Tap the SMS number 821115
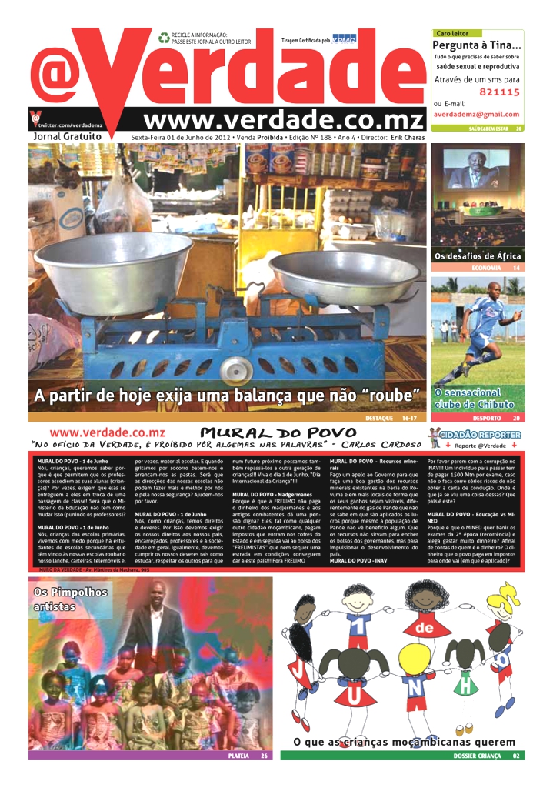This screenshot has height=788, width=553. [x=499, y=92]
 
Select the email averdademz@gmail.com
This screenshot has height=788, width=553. [x=476, y=114]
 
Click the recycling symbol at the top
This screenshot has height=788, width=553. [x=163, y=37]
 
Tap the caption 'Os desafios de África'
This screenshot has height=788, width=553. [x=478, y=255]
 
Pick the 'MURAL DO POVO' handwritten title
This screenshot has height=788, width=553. [x=278, y=433]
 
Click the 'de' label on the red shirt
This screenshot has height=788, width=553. [x=426, y=629]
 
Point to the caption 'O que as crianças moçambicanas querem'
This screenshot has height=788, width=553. [x=404, y=742]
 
